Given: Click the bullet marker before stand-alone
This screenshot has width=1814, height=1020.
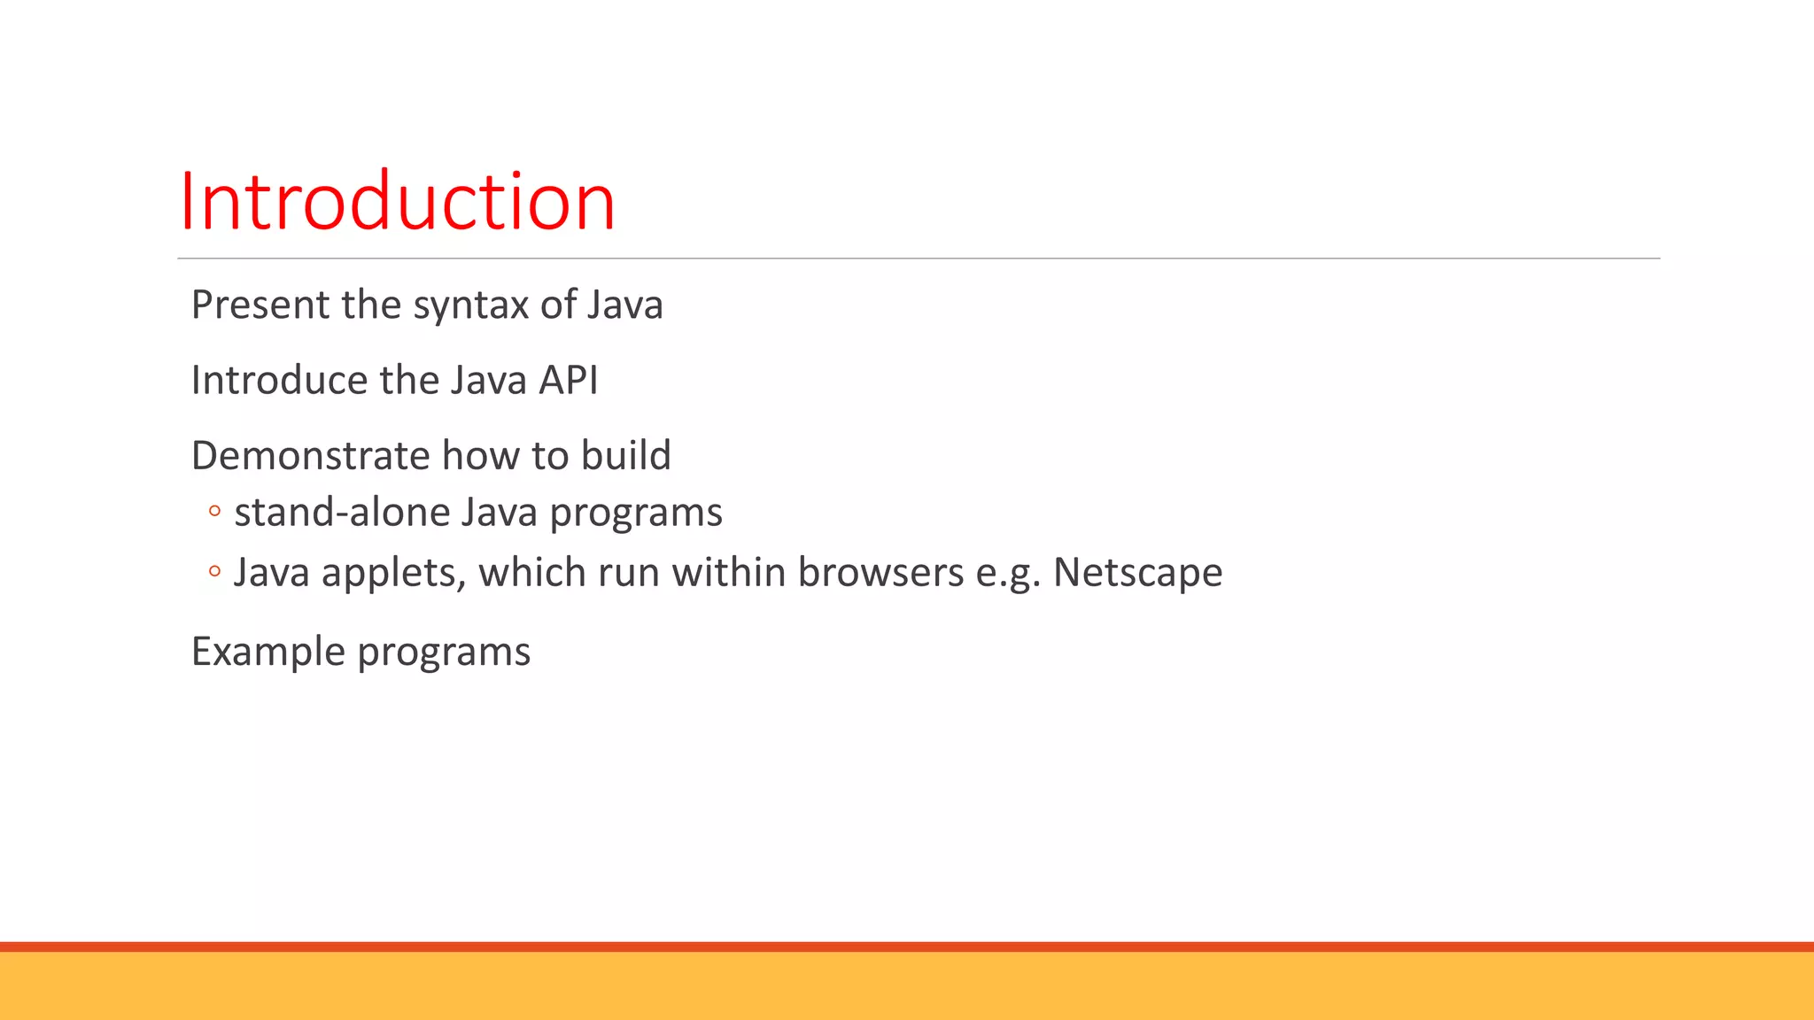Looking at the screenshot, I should coord(213,511).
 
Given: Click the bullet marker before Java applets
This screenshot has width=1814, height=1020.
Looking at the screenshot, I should coord(213,572).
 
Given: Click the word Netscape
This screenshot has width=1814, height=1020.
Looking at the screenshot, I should coord(1137,574).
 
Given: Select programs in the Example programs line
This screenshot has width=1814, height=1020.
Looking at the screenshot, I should coord(444,653).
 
